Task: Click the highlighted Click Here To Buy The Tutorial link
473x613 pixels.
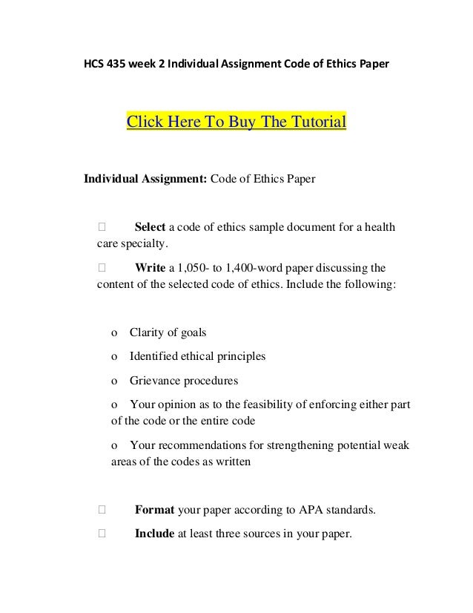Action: pyautogui.click(x=237, y=122)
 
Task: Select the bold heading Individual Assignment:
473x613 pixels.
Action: pyautogui.click(x=145, y=179)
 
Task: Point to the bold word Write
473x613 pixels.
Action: pyautogui.click(x=149, y=267)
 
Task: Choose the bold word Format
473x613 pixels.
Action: pyautogui.click(x=154, y=510)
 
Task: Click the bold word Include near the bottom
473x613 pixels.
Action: pyautogui.click(x=154, y=532)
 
